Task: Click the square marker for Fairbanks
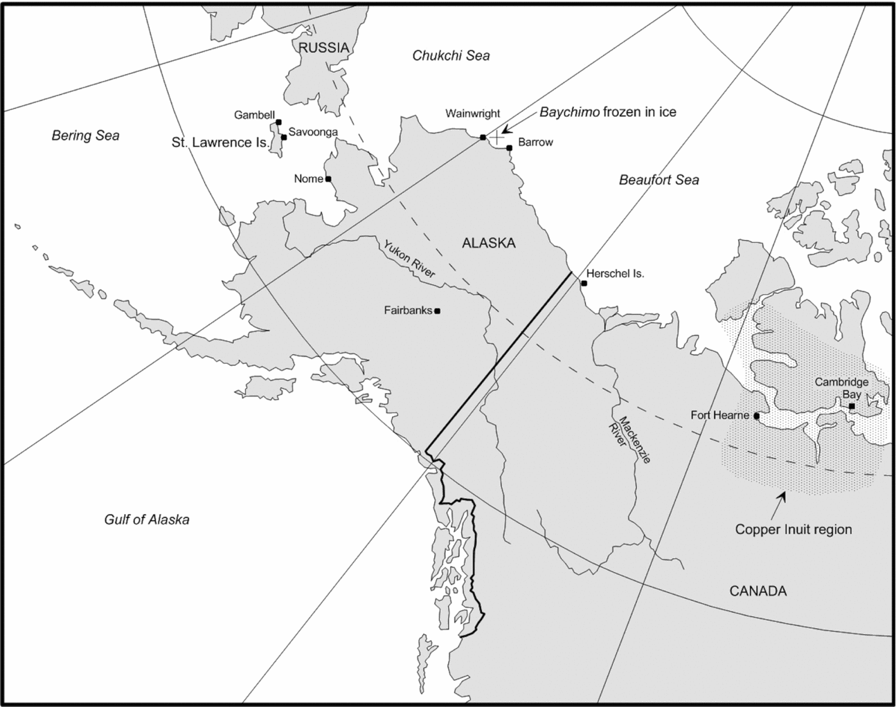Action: click(x=437, y=311)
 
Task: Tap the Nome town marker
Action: click(x=328, y=179)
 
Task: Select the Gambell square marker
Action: click(x=278, y=122)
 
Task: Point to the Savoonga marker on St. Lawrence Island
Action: click(x=284, y=137)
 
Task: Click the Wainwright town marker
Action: click(x=483, y=138)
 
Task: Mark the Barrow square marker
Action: click(x=509, y=147)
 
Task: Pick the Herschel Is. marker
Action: click(x=584, y=283)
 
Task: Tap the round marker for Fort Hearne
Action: click(x=757, y=416)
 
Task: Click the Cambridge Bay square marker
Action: click(x=851, y=406)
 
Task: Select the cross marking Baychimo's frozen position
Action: click(x=496, y=138)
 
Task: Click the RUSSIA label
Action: click(x=323, y=48)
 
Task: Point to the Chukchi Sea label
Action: click(x=451, y=55)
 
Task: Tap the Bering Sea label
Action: click(x=85, y=136)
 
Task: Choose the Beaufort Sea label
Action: click(x=658, y=180)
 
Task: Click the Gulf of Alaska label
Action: click(x=146, y=520)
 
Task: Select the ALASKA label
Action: click(x=488, y=243)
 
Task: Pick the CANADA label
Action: click(x=758, y=591)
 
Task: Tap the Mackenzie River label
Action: click(x=629, y=440)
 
